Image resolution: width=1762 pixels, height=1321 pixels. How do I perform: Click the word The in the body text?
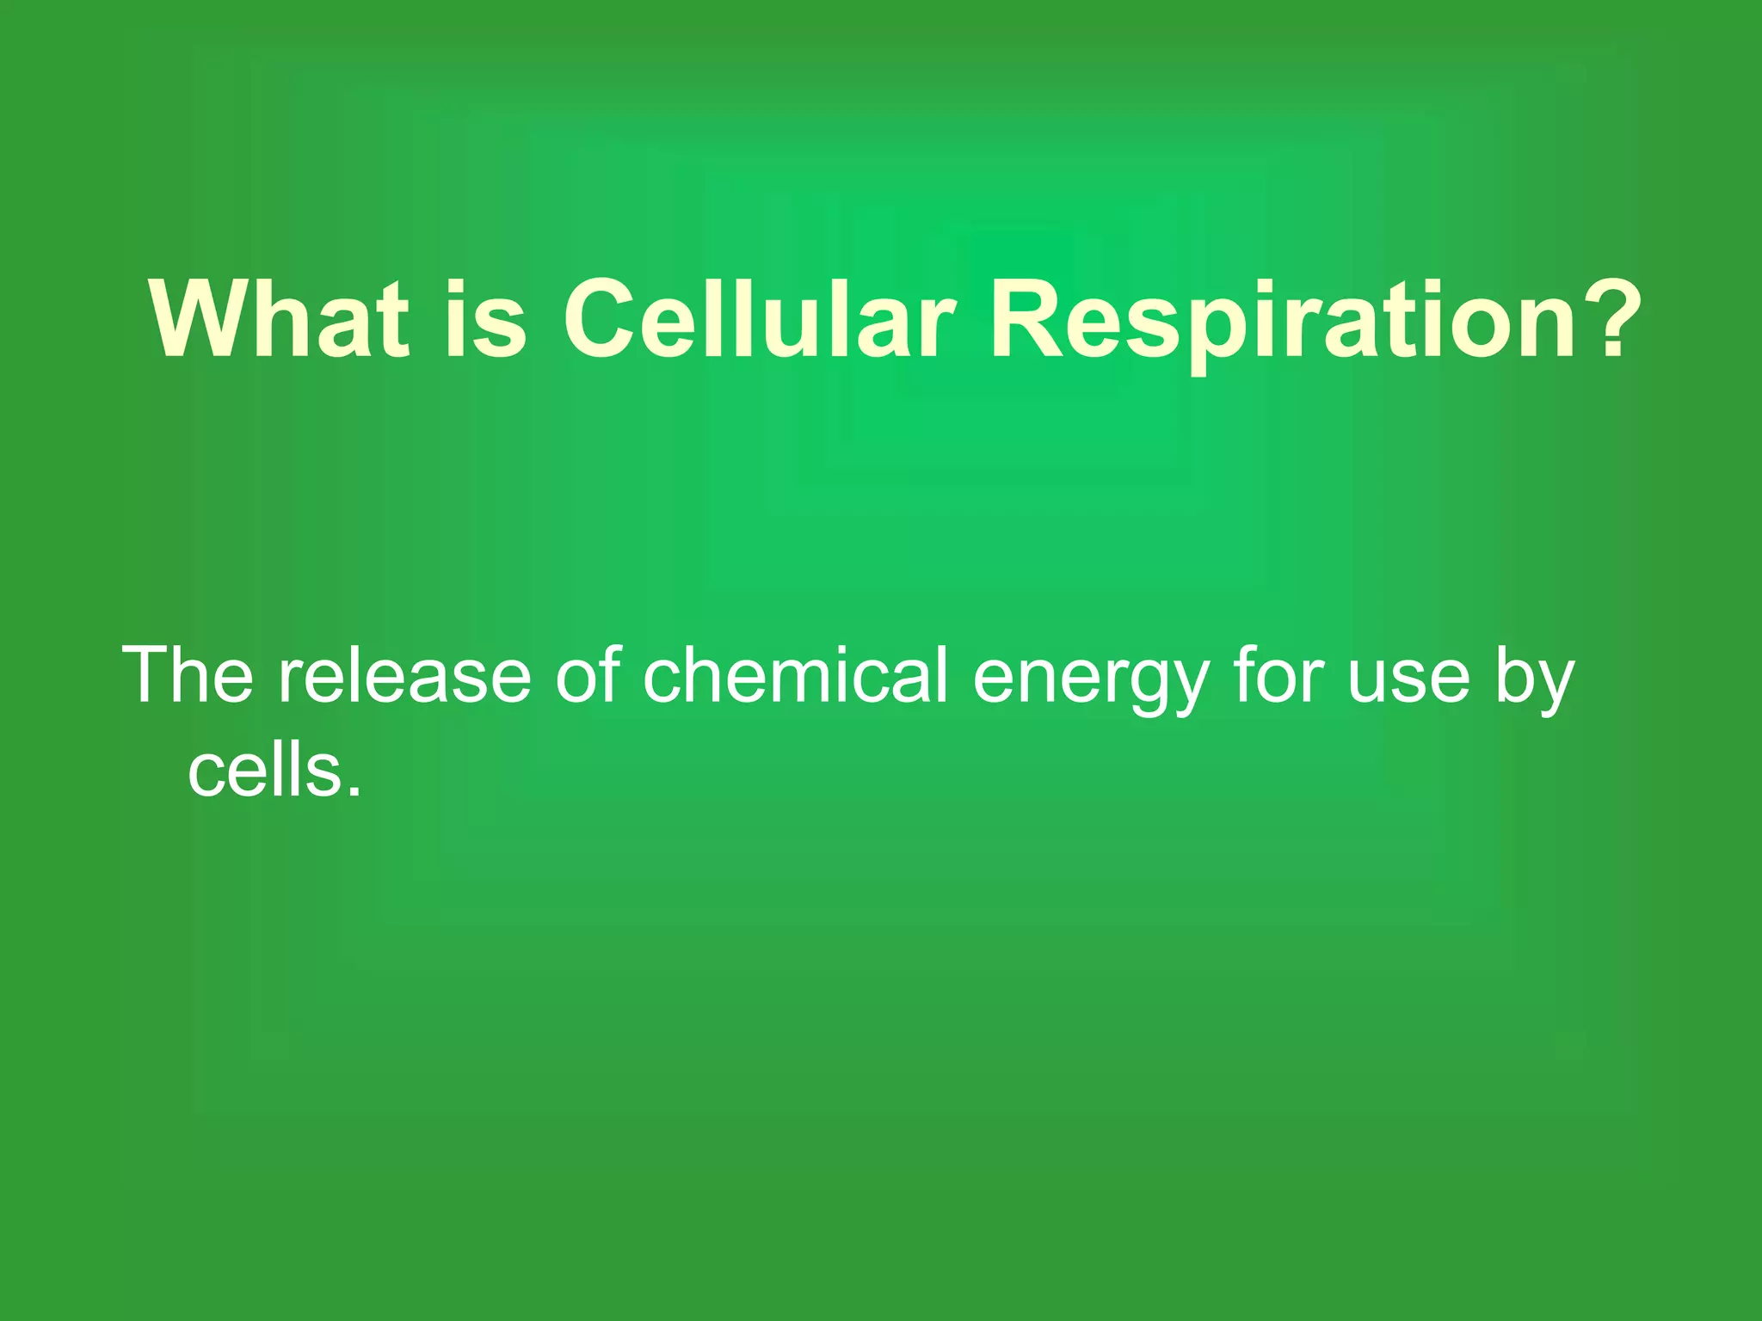[x=188, y=676]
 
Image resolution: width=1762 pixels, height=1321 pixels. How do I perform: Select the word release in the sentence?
[x=404, y=676]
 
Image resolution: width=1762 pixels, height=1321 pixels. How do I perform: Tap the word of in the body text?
[x=588, y=676]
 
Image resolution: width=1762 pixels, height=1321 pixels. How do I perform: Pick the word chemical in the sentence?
[x=796, y=676]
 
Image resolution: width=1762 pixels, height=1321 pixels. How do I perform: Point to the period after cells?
[x=354, y=790]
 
